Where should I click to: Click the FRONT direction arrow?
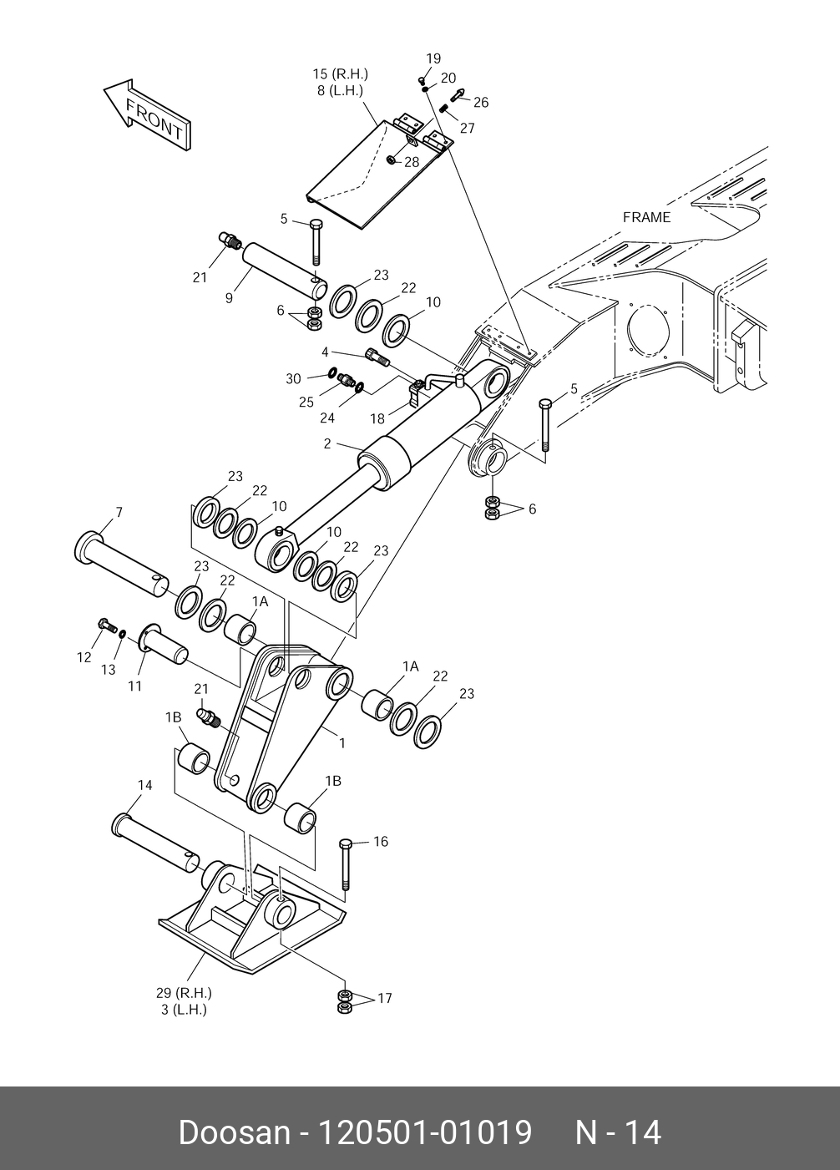[147, 116]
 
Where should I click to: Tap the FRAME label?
[646, 217]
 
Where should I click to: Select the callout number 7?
[119, 512]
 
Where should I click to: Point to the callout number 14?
[145, 785]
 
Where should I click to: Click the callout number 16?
[380, 842]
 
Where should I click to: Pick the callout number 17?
[384, 998]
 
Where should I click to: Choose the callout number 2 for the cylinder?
[327, 444]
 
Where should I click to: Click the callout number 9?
[229, 296]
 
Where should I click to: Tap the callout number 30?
[293, 378]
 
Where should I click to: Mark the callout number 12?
[83, 657]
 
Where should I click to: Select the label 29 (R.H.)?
[184, 993]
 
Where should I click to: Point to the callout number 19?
[433, 58]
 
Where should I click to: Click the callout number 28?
[412, 162]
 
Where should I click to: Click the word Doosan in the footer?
[233, 1132]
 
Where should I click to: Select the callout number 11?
[134, 686]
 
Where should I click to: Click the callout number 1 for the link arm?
[342, 742]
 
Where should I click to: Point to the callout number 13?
[109, 669]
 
